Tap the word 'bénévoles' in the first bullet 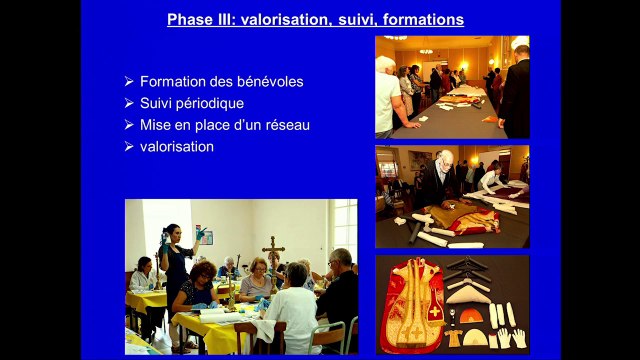click(x=271, y=81)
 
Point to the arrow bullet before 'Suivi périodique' click(x=129, y=103)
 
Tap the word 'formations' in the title click(x=425, y=20)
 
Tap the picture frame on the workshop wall click(x=204, y=236)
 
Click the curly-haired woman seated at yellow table click(x=201, y=290)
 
